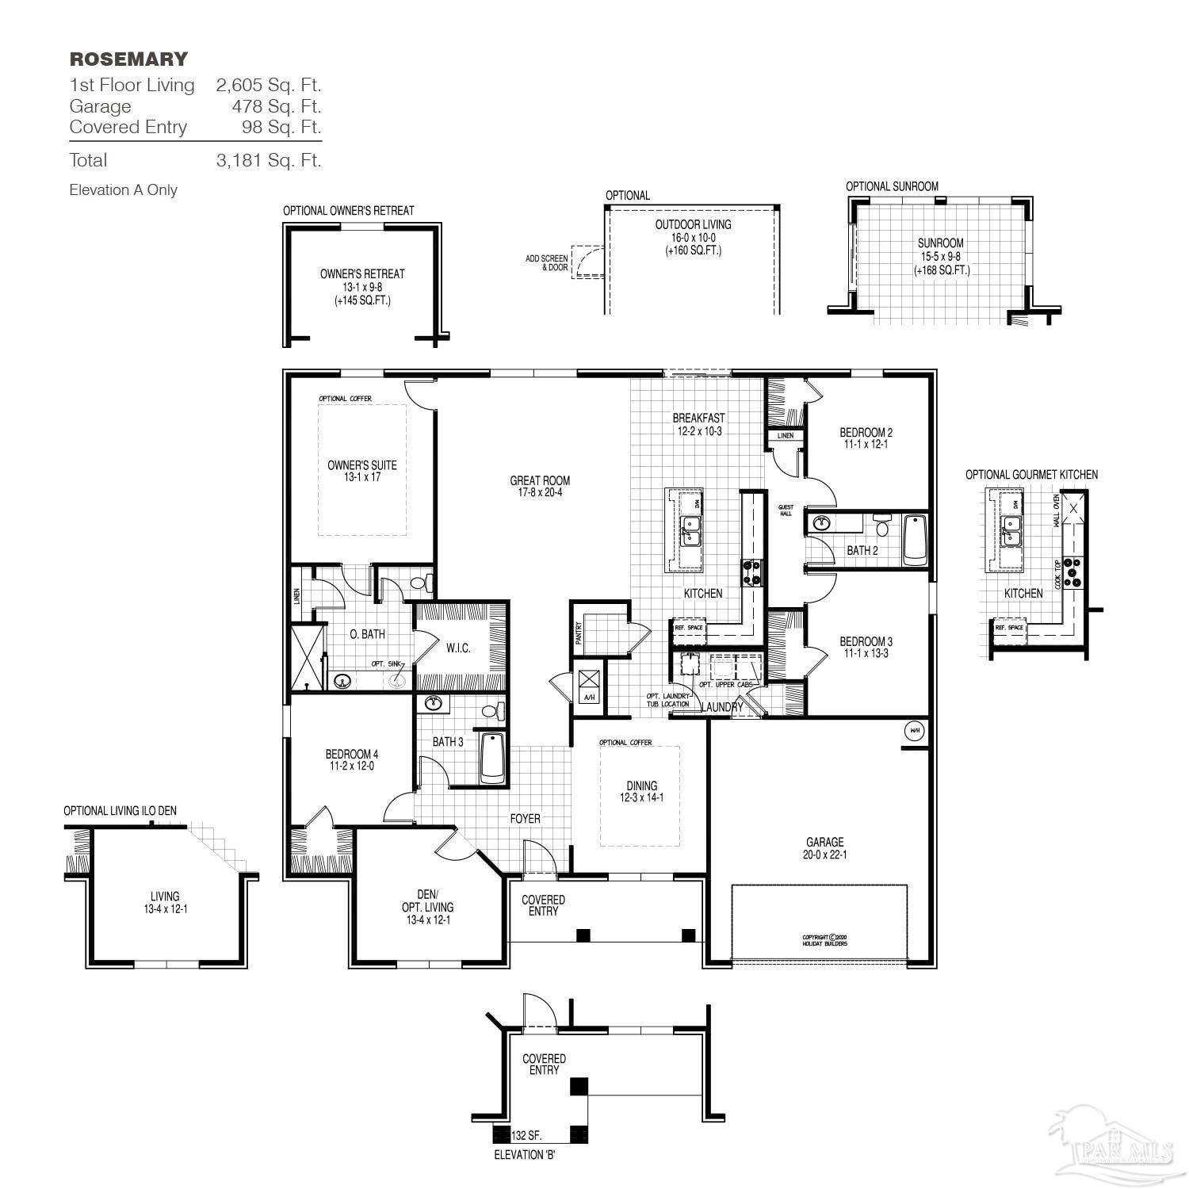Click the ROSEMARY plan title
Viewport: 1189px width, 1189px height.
tap(128, 59)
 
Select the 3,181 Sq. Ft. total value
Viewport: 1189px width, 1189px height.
tap(269, 160)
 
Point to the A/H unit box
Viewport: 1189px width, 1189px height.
tap(589, 684)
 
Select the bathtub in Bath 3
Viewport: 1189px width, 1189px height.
tap(492, 758)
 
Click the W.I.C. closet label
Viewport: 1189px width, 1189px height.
tap(458, 648)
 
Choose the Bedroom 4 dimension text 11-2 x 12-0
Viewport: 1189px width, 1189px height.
tap(351, 767)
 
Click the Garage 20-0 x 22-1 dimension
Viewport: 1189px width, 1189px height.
tap(825, 854)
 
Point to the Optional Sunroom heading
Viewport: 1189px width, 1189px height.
tap(892, 186)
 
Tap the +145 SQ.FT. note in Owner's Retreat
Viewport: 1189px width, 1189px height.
tap(362, 301)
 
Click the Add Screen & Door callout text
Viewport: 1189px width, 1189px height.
tap(546, 263)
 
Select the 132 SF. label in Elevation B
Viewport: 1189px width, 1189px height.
tap(526, 1135)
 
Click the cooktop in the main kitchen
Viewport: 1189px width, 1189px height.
tap(751, 572)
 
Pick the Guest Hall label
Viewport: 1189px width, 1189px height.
tap(786, 510)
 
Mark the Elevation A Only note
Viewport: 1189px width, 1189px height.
tap(123, 190)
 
